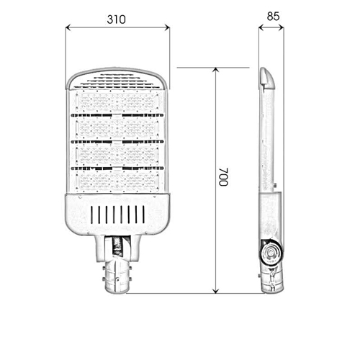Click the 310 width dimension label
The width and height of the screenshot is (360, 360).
pos(116,19)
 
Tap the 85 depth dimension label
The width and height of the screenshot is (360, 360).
pos(273,17)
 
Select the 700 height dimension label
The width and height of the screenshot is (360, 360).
pos(223,177)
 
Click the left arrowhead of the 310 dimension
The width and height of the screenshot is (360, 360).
pos(68,27)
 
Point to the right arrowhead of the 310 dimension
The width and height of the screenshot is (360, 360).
pos(167,27)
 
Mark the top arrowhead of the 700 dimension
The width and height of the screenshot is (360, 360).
pos(216,70)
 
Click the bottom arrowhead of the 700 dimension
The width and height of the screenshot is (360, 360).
pos(216,291)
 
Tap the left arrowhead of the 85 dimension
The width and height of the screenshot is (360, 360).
pos(261,27)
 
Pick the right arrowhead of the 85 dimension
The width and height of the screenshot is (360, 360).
pos(282,27)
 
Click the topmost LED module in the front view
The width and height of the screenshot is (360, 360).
pos(117,102)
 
